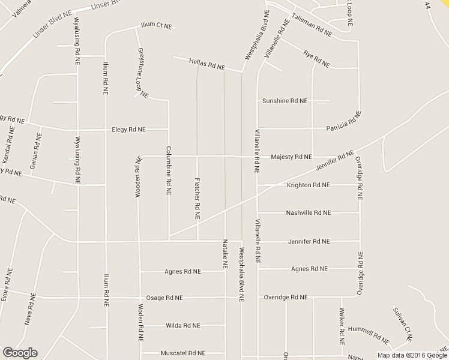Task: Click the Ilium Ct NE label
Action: point(156,26)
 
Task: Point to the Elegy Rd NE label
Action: point(129,129)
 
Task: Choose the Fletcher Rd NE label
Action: point(197,197)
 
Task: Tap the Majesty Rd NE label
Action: point(291,157)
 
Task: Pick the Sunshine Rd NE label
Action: point(285,101)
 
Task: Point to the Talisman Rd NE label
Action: point(311,25)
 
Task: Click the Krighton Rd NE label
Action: point(308,185)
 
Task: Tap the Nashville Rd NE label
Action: point(308,213)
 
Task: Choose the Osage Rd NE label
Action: point(164,298)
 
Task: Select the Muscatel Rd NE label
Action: point(183,353)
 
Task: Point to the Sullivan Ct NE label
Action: point(401,324)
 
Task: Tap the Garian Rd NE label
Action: point(38,150)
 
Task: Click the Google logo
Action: point(20,352)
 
